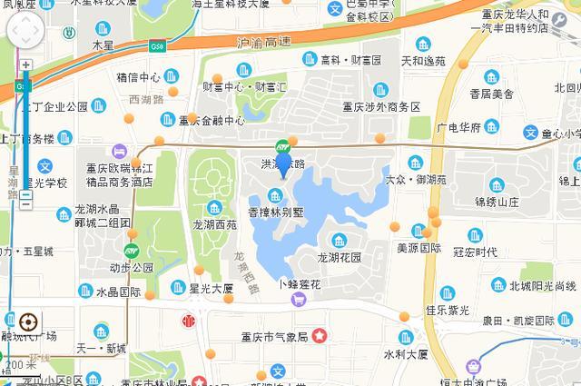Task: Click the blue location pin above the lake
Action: (283, 164)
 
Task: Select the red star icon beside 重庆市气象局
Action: (320, 336)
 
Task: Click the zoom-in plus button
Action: (26, 66)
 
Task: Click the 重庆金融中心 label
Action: (212, 120)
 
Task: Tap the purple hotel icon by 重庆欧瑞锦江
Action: (119, 151)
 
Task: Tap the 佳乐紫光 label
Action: (448, 310)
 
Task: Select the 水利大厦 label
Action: (405, 354)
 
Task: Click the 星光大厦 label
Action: (211, 290)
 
